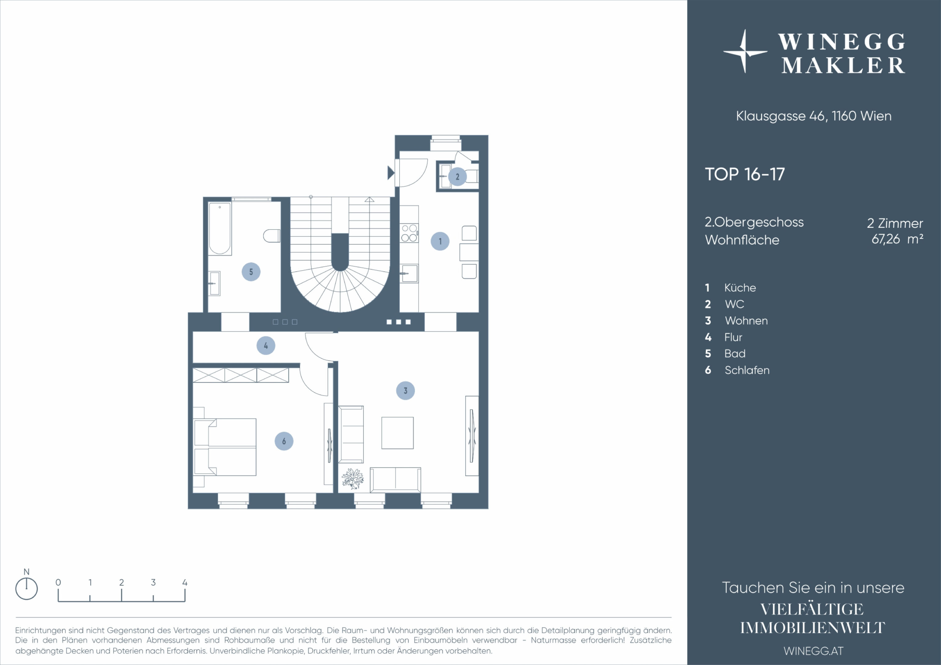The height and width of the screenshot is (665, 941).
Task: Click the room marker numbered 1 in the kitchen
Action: (440, 241)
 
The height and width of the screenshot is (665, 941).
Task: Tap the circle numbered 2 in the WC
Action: (457, 177)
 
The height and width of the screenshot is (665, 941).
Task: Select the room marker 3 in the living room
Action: (405, 390)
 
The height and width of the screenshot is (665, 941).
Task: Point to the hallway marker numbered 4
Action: (266, 345)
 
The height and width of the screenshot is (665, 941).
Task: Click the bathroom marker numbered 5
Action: (251, 272)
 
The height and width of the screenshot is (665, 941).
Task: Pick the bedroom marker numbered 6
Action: (284, 441)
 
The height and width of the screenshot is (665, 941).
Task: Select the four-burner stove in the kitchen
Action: (409, 233)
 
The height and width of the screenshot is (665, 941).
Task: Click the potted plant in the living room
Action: (352, 478)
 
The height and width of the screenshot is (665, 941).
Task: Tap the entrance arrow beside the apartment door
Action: (391, 172)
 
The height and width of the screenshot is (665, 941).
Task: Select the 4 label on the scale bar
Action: (185, 582)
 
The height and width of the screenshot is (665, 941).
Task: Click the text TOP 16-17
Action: (745, 174)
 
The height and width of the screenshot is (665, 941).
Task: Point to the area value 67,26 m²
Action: (897, 239)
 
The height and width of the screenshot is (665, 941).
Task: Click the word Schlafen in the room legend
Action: (747, 370)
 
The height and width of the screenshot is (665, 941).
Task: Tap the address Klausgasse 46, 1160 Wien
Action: (813, 116)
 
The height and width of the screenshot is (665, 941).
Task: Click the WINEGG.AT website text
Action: (813, 651)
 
